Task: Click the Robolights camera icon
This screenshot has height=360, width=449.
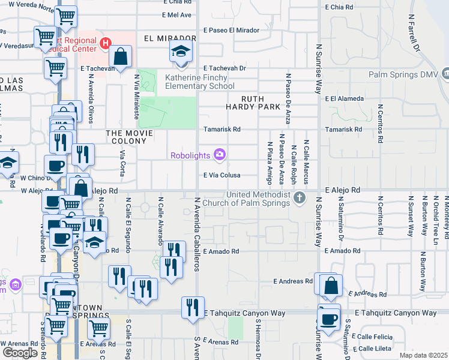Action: tap(220, 155)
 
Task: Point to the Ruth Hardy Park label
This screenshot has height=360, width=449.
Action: tap(261, 103)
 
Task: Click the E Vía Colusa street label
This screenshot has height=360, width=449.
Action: tap(221, 175)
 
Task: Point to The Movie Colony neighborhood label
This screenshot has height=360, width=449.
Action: tap(125, 137)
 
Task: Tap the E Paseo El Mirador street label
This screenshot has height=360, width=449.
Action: tap(231, 30)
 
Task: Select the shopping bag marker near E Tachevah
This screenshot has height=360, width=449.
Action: tap(121, 58)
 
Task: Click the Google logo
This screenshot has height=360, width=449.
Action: tap(20, 353)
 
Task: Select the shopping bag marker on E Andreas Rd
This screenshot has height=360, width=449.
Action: tap(330, 286)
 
